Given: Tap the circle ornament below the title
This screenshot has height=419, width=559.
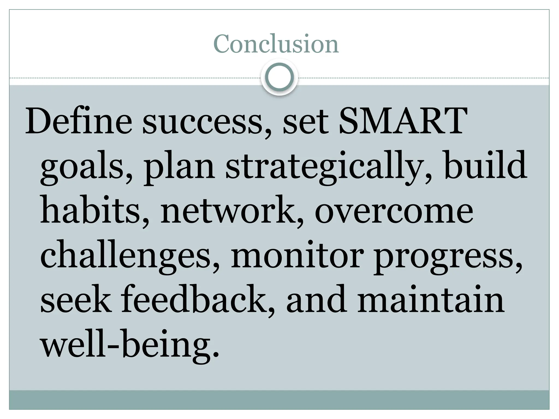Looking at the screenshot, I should pos(279,77).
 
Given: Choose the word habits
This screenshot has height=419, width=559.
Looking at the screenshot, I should pos(90,210).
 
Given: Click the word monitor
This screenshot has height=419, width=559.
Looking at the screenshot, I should pos(298,255).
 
